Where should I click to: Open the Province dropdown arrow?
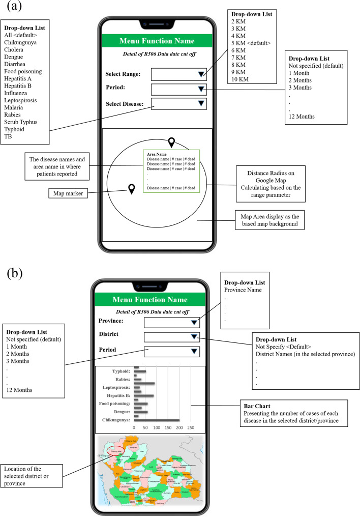point(194,322)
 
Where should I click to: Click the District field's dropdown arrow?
point(194,336)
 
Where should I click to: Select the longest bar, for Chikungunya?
point(157,420)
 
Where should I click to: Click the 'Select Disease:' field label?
point(125,104)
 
